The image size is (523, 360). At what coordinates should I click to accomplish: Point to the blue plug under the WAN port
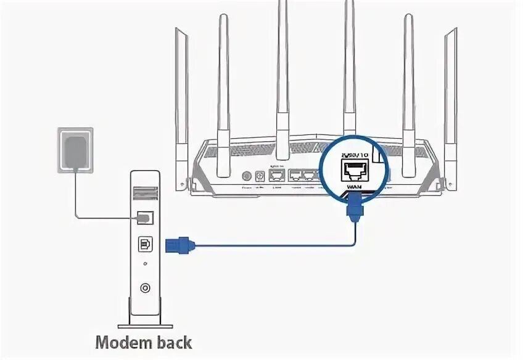(355, 208)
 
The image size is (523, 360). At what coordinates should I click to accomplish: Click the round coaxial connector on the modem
(146, 287)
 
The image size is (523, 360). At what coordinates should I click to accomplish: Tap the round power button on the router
(247, 176)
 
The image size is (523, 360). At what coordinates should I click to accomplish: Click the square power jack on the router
(260, 176)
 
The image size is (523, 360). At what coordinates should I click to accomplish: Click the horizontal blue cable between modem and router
(271, 245)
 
